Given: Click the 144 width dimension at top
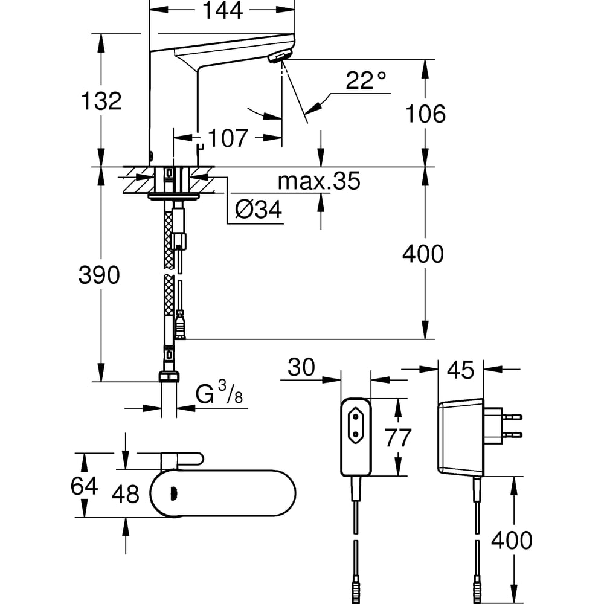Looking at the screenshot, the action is (x=223, y=10).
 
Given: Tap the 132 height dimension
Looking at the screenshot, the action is (x=101, y=101).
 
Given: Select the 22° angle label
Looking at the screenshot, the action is (x=365, y=80).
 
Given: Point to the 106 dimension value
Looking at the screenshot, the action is (x=425, y=114).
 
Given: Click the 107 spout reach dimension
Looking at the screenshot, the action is (x=228, y=138).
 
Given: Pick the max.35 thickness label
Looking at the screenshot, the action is (x=319, y=181).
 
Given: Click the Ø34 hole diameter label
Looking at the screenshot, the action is (x=259, y=210).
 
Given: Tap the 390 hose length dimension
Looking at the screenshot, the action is (x=99, y=275).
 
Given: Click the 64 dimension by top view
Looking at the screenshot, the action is (x=84, y=486).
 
